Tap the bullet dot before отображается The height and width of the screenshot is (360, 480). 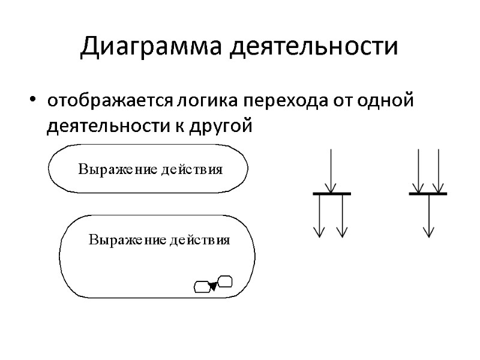34,99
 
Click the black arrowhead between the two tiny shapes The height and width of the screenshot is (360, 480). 212,285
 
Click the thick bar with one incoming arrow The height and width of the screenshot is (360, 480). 332,194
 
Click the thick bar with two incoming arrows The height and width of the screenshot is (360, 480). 428,194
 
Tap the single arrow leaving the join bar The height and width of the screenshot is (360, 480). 428,216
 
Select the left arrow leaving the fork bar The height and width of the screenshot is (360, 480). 320,216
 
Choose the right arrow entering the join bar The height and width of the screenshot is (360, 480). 439,171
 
